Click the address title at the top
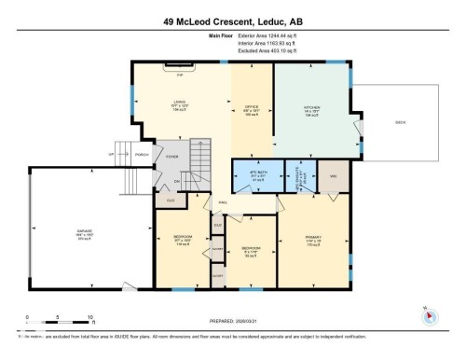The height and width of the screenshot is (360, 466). [232, 21]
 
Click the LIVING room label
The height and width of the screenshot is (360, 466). [180, 106]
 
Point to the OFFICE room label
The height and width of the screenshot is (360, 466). [251, 106]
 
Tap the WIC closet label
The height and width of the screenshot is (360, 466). [332, 175]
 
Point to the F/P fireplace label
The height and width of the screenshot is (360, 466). [180, 72]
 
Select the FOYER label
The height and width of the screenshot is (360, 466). [172, 158]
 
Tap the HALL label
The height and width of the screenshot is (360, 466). [224, 201]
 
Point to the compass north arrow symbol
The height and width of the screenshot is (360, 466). [429, 315]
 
